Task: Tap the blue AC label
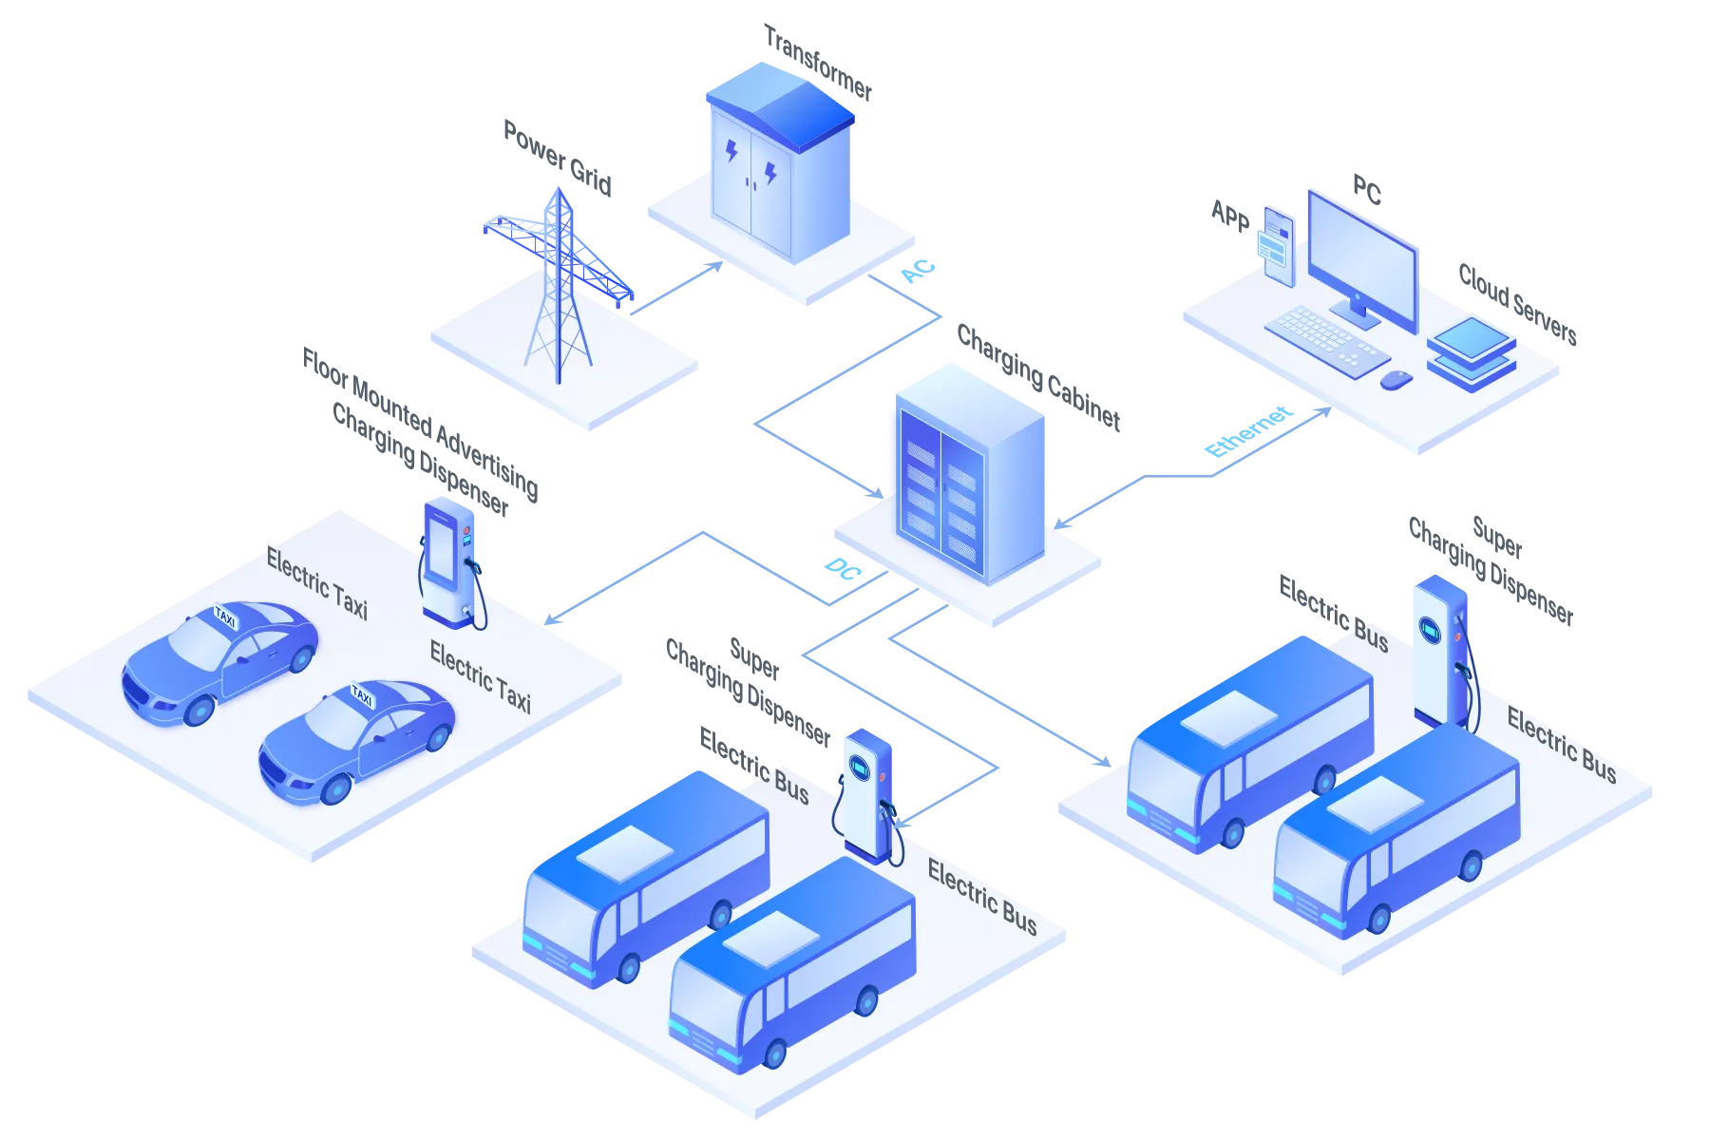[x=918, y=272]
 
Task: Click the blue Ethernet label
[x=1247, y=432]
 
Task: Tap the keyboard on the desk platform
[x=1325, y=340]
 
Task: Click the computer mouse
[x=1396, y=380]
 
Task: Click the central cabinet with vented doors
[x=964, y=475]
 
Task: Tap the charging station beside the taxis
[x=449, y=562]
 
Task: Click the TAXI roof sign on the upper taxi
[x=225, y=617]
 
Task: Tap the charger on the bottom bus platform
[x=867, y=793]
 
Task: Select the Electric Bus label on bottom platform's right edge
[x=981, y=897]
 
